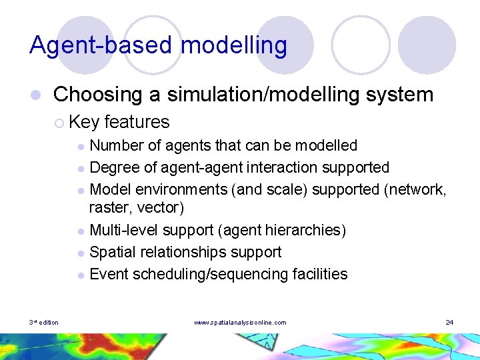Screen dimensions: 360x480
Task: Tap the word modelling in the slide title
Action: (234, 45)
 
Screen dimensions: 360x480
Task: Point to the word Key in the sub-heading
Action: (84, 122)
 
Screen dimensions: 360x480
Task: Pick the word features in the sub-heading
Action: (137, 122)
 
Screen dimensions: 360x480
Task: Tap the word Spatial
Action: (111, 252)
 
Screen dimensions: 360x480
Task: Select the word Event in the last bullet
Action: (109, 274)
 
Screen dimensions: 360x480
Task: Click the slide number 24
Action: (449, 323)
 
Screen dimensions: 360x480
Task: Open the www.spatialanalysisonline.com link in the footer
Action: (240, 323)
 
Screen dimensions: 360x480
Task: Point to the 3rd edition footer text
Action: (44, 323)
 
